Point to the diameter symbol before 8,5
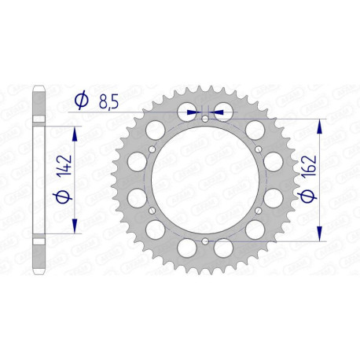81,101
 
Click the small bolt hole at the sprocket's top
204,119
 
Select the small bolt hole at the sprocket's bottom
204,241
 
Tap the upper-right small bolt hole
258,149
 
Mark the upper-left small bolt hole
151,149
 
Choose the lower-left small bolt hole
151,211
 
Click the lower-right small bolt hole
258,211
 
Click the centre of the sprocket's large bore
204,180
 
